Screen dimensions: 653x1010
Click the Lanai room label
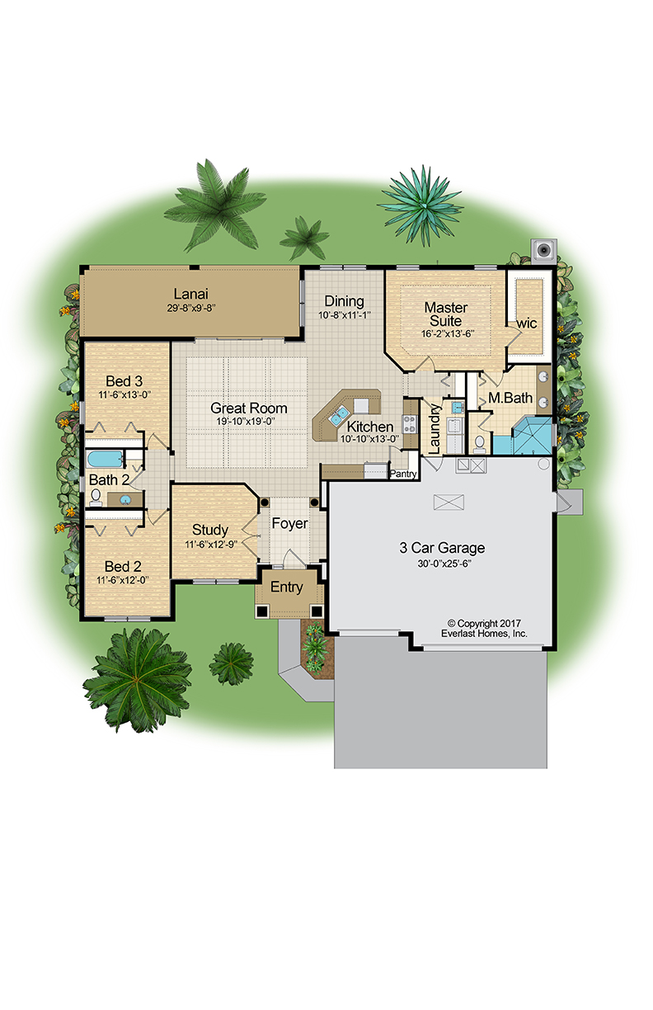pyautogui.click(x=191, y=294)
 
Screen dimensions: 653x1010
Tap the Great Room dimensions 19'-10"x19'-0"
pyautogui.click(x=246, y=422)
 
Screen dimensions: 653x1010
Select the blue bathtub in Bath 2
pyautogui.click(x=105, y=460)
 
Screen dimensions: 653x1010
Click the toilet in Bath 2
pyautogui.click(x=95, y=498)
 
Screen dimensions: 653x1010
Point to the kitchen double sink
pyautogui.click(x=339, y=415)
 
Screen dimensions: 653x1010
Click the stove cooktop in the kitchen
pyautogui.click(x=410, y=424)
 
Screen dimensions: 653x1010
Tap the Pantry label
pyautogui.click(x=403, y=474)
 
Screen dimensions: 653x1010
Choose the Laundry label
pyautogui.click(x=434, y=429)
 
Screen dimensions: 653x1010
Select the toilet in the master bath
pyautogui.click(x=480, y=444)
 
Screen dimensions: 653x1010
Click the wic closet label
pyautogui.click(x=526, y=323)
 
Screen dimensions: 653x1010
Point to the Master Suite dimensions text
pyautogui.click(x=448, y=334)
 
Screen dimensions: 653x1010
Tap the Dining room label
pyautogui.click(x=345, y=301)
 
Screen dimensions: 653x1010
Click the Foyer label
pyautogui.click(x=289, y=523)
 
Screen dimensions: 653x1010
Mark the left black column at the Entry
pyautogui.click(x=262, y=611)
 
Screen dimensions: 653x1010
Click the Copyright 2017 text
pyautogui.click(x=485, y=624)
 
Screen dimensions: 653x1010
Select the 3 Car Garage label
pyautogui.click(x=442, y=548)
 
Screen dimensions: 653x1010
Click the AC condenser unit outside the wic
pyautogui.click(x=544, y=250)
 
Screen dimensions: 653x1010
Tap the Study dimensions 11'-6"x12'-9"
pyautogui.click(x=211, y=545)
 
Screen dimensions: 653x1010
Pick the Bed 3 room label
pyautogui.click(x=124, y=381)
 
